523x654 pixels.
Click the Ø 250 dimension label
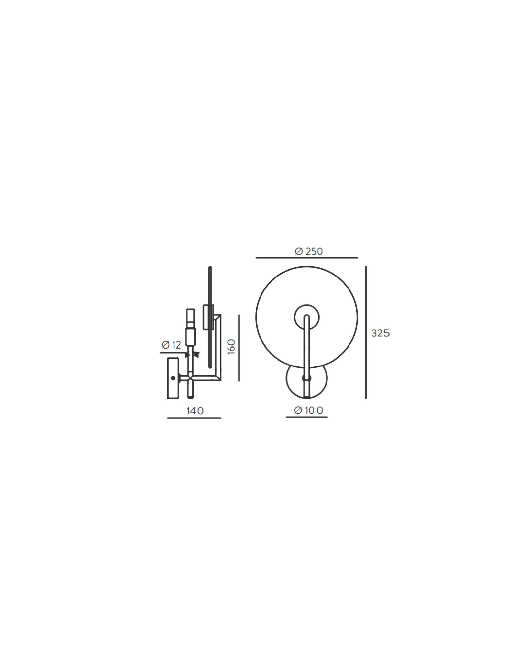point(308,251)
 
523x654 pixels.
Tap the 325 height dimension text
point(381,334)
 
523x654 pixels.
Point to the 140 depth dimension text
point(195,411)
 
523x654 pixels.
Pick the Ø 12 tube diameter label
point(171,345)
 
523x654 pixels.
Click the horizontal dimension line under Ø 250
point(307,258)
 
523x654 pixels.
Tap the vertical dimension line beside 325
point(366,332)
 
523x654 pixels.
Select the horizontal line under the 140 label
point(194,418)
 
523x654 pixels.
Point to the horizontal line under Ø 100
point(307,417)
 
